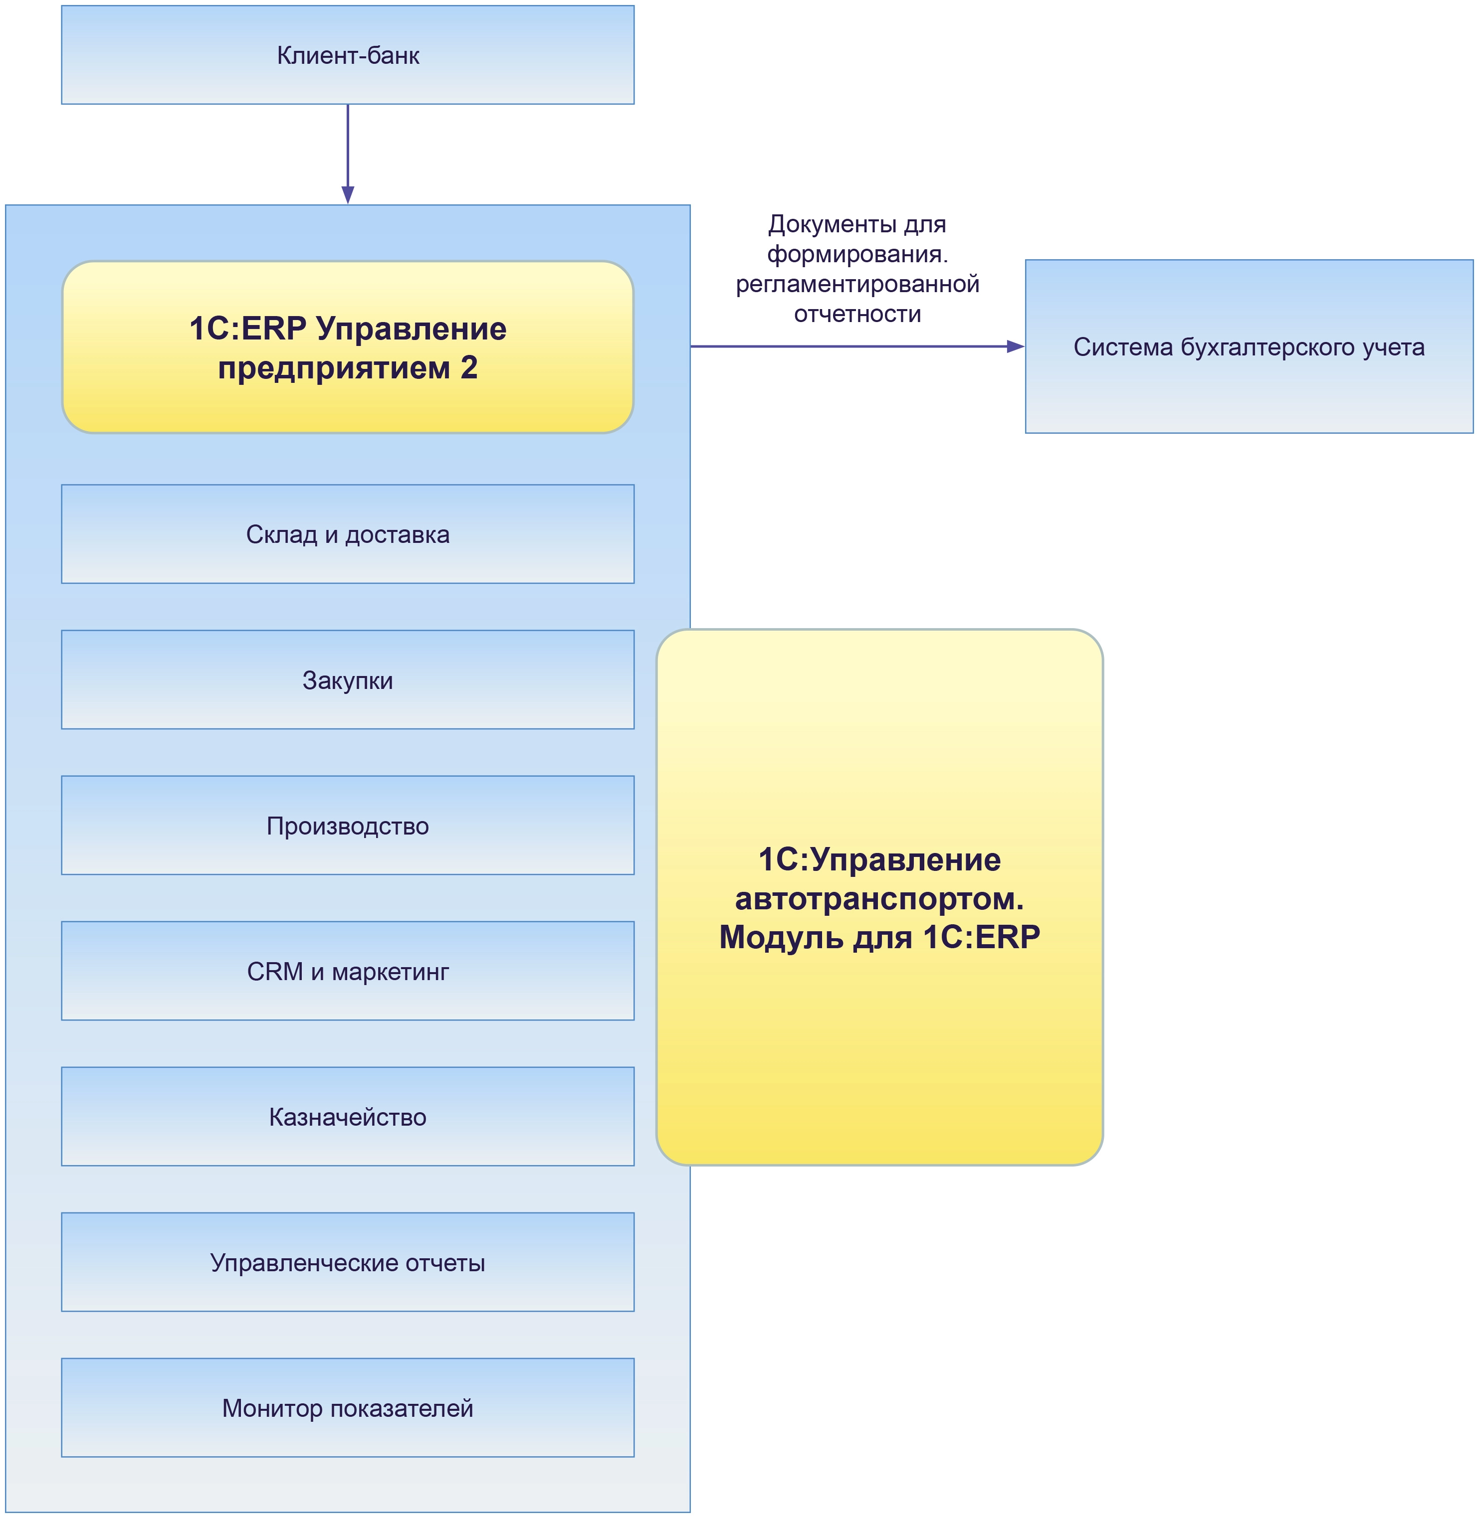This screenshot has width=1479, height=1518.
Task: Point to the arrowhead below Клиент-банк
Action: coord(348,194)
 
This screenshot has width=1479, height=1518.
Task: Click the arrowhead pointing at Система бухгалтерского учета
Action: coord(1015,346)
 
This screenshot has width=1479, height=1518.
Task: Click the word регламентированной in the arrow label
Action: coord(857,284)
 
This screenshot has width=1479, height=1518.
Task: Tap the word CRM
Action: coord(274,971)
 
